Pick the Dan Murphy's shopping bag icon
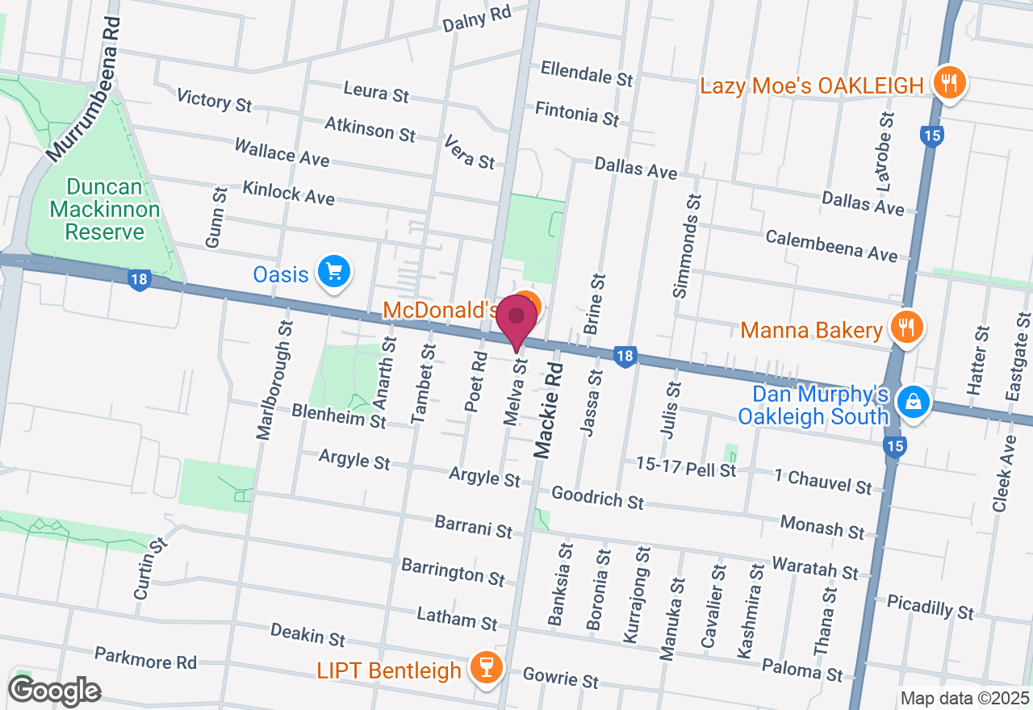914,401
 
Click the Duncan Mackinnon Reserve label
105,210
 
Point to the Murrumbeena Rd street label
84,89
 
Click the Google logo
55,691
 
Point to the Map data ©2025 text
964,698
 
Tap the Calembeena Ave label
831,246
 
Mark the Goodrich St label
598,496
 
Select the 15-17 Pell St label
686,467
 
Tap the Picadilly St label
930,607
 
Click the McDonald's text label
440,310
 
